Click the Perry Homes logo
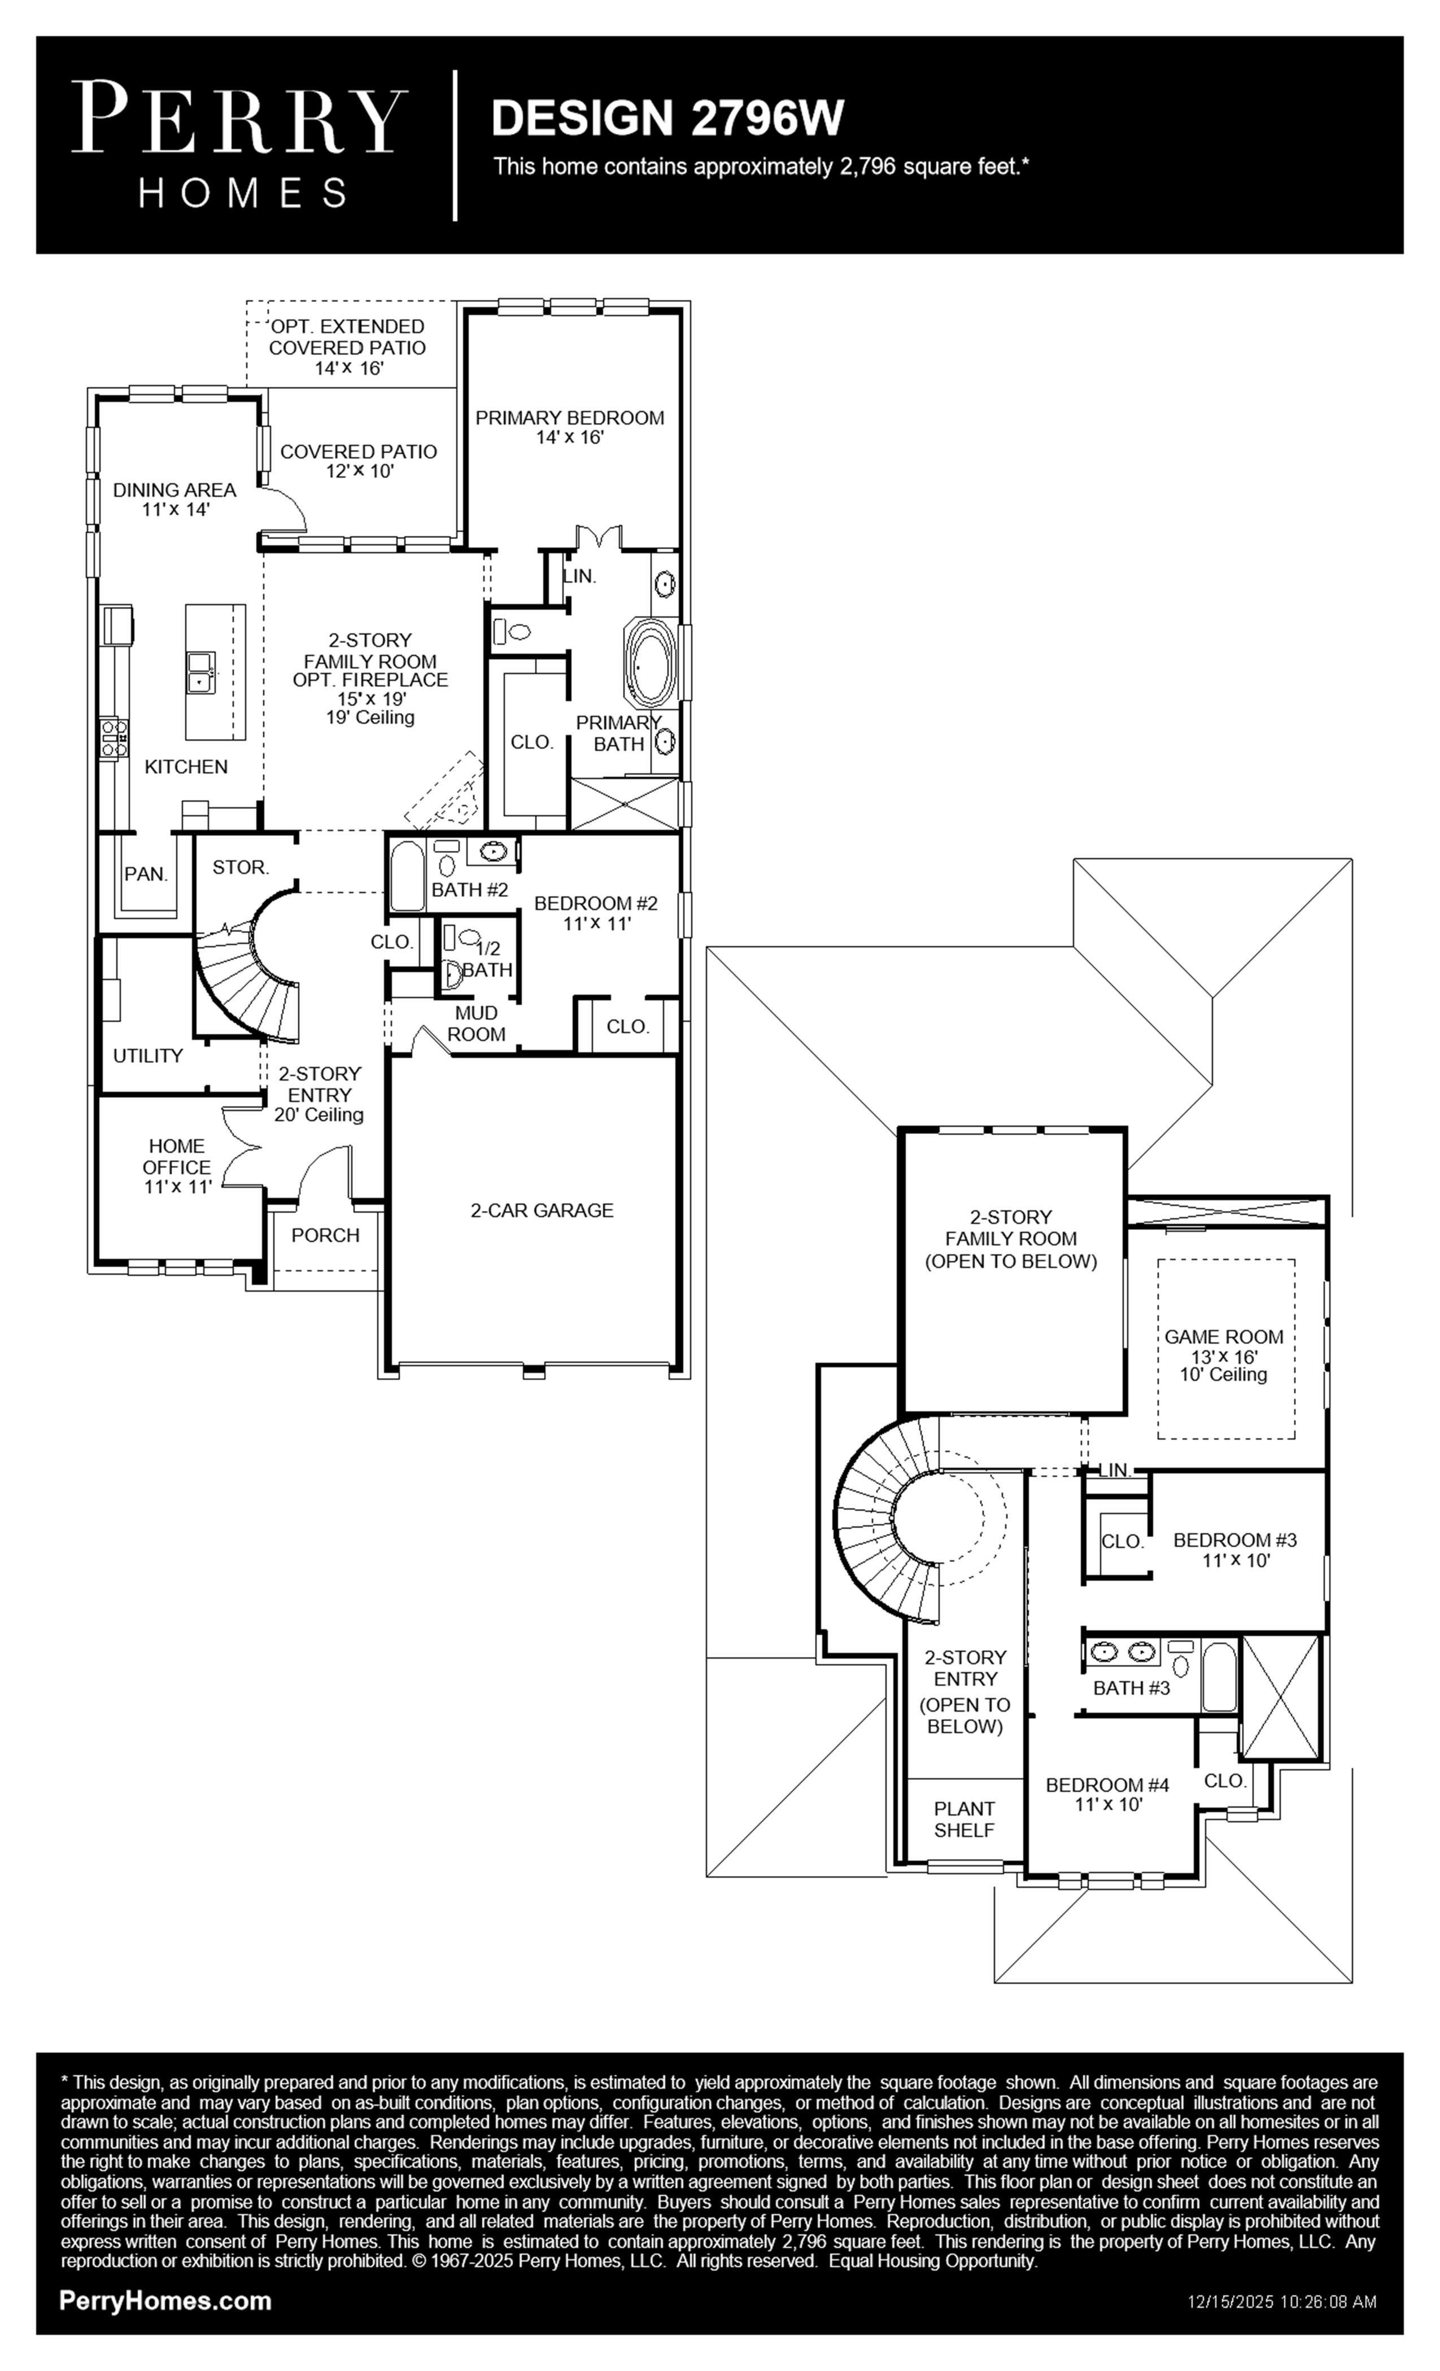[x=239, y=145]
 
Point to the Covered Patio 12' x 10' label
[x=358, y=461]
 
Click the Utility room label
[x=147, y=1056]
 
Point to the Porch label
[x=325, y=1235]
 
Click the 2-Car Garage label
[x=542, y=1210]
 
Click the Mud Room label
[x=477, y=1024]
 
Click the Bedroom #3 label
[x=1235, y=1550]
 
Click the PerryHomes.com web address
[x=165, y=2301]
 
